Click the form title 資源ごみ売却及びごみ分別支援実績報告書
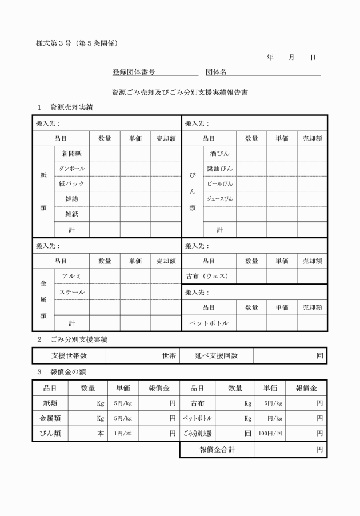(x=179, y=91)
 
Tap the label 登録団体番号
(x=134, y=73)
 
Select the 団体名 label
(x=217, y=73)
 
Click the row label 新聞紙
(x=71, y=154)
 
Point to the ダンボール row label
(x=71, y=169)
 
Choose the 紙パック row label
(x=71, y=184)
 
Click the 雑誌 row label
(x=71, y=199)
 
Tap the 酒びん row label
(x=219, y=154)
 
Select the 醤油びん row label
(x=219, y=169)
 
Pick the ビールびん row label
(x=219, y=184)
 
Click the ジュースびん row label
(x=219, y=199)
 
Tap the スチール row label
(x=71, y=292)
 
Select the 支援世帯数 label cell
(x=69, y=355)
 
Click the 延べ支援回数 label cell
(x=216, y=355)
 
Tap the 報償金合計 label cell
(x=217, y=450)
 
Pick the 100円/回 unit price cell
(x=270, y=434)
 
